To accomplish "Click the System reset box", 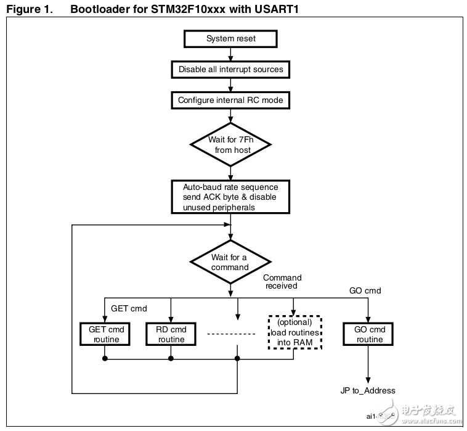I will [x=231, y=39].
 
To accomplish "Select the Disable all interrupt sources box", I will [x=231, y=69].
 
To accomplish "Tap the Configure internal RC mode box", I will [x=231, y=100].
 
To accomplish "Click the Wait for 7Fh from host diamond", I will [x=231, y=145].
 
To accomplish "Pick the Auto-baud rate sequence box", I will [x=230, y=197].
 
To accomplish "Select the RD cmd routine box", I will [x=171, y=334].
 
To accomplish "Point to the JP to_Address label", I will [x=368, y=390].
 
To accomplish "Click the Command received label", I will [x=283, y=282].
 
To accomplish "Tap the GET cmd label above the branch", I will [x=129, y=308].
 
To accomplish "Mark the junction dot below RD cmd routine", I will [x=171, y=358].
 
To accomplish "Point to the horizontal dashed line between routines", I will [x=231, y=334].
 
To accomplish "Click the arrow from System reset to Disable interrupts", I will [x=231, y=54].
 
